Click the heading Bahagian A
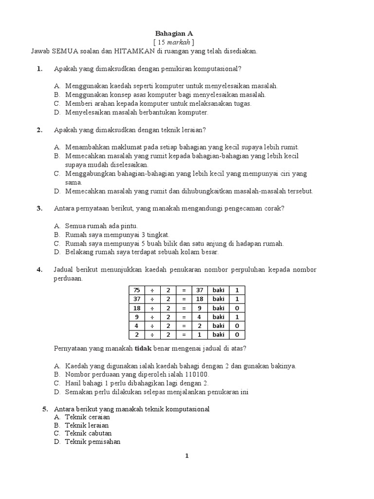click(x=174, y=33)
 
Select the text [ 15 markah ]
click(x=174, y=42)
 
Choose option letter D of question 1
click(x=56, y=112)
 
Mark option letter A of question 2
click(x=56, y=147)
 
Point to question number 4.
click(x=40, y=270)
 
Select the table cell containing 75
click(x=136, y=290)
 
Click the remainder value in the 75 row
click(x=237, y=290)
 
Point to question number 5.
click(x=45, y=409)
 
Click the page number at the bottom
click(x=187, y=456)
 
